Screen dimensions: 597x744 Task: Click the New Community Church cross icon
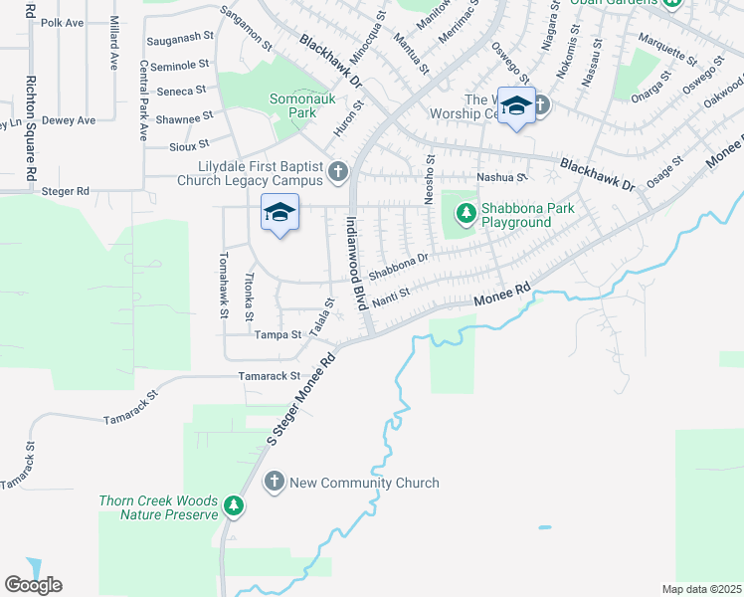point(275,483)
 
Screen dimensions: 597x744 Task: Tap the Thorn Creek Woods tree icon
point(234,506)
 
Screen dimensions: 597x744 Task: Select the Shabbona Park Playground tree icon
point(465,212)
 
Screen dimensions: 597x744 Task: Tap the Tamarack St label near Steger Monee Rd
point(269,376)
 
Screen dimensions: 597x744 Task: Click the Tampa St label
point(277,335)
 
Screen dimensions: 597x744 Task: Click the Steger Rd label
point(66,190)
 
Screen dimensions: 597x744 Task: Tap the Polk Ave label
point(62,22)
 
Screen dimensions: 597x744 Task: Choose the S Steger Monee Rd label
point(301,399)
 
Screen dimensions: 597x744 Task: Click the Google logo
point(33,584)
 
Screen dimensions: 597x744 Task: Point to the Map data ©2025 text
point(701,589)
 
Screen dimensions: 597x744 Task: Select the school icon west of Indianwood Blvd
point(280,212)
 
